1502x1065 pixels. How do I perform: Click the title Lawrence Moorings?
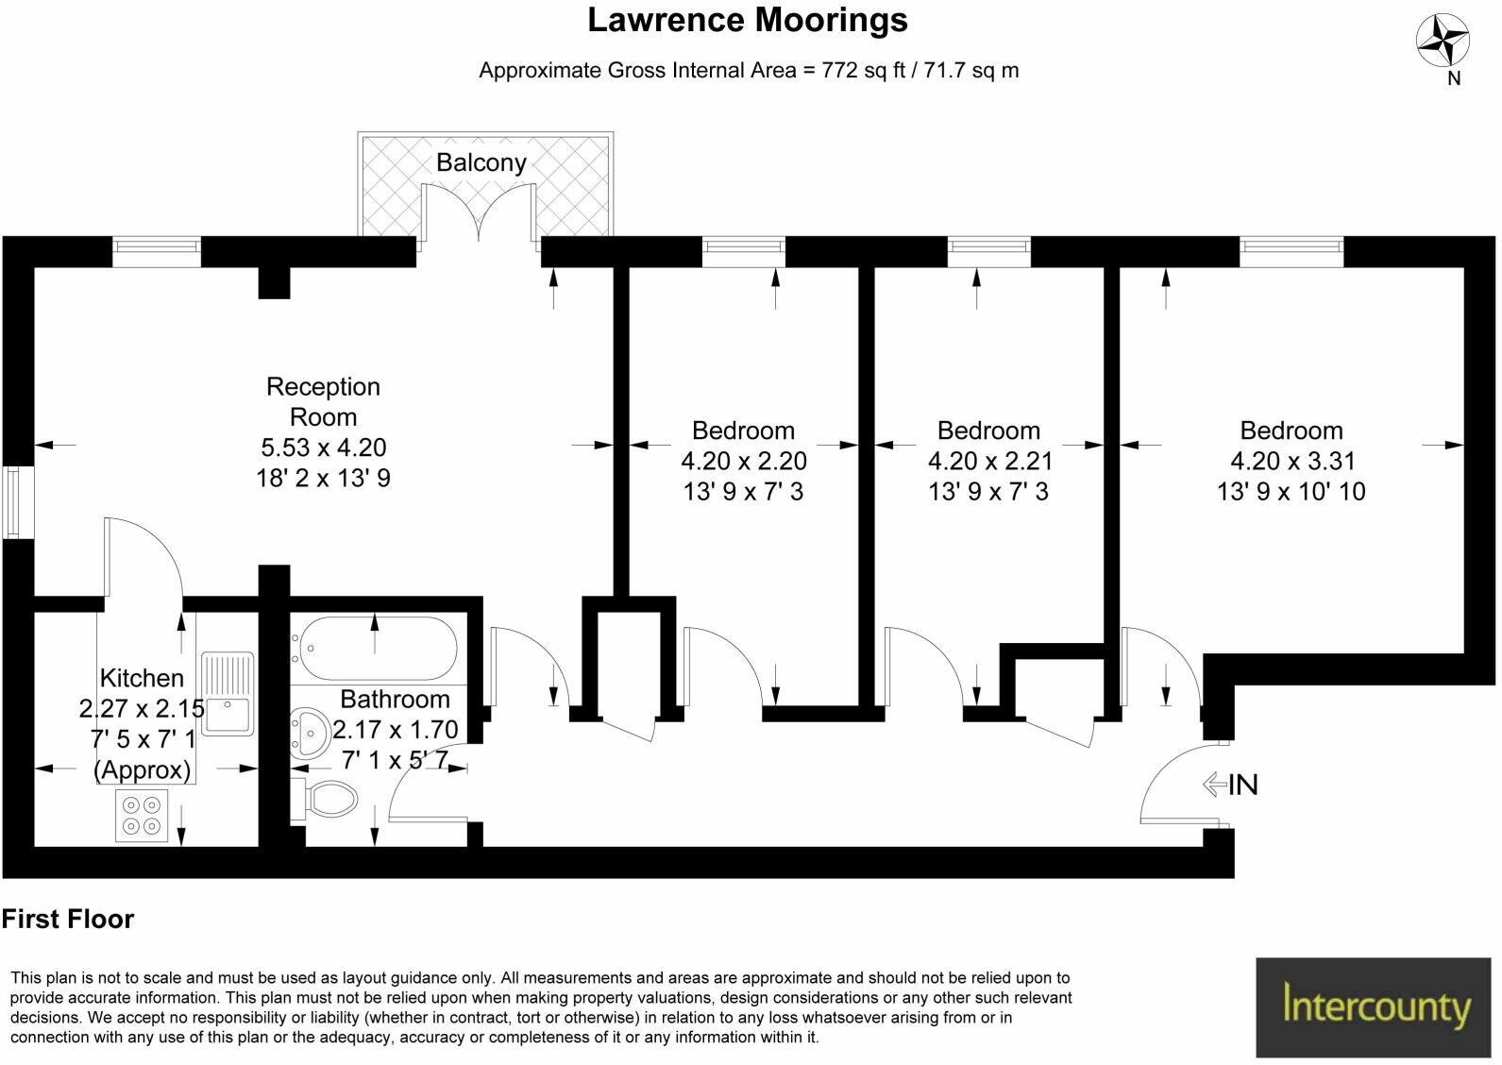click(x=747, y=21)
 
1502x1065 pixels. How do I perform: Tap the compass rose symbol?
click(x=1443, y=42)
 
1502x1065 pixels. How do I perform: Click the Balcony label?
click(x=481, y=162)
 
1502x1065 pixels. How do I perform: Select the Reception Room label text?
click(x=323, y=401)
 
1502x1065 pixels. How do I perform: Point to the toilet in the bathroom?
click(x=326, y=799)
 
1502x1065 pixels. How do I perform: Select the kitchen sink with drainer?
click(x=227, y=694)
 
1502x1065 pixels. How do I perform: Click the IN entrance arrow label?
click(x=1231, y=785)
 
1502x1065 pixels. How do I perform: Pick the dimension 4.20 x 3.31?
click(x=1291, y=461)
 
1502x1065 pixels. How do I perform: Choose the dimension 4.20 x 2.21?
click(x=988, y=461)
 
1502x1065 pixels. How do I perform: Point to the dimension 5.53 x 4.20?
click(x=323, y=448)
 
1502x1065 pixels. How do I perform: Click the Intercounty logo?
click(x=1375, y=1006)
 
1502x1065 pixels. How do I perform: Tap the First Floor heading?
click(x=68, y=919)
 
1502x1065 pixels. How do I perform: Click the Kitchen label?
click(x=142, y=678)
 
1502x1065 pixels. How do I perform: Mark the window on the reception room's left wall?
click(x=14, y=502)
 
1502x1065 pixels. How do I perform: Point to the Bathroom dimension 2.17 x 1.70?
click(x=396, y=730)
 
